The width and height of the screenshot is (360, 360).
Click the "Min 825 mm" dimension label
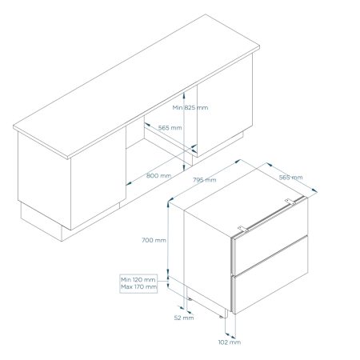(190, 108)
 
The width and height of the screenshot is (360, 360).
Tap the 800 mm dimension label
(158, 176)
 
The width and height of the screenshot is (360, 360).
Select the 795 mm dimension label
(205, 180)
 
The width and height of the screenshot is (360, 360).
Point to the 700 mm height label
(154, 240)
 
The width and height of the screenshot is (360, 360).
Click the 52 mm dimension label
(184, 318)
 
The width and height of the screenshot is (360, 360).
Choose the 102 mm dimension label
(230, 342)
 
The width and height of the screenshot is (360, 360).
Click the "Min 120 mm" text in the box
(138, 280)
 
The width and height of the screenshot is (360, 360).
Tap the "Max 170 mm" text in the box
(138, 287)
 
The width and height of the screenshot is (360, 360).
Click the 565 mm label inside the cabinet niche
(170, 128)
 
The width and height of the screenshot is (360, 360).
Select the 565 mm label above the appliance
(290, 178)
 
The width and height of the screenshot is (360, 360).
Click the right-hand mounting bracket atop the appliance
(290, 202)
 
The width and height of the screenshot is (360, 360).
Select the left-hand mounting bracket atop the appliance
(243, 229)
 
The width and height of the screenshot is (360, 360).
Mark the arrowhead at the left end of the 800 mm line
(128, 183)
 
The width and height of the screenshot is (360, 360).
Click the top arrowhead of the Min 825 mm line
(184, 94)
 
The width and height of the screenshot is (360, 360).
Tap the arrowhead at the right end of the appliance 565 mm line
(314, 190)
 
